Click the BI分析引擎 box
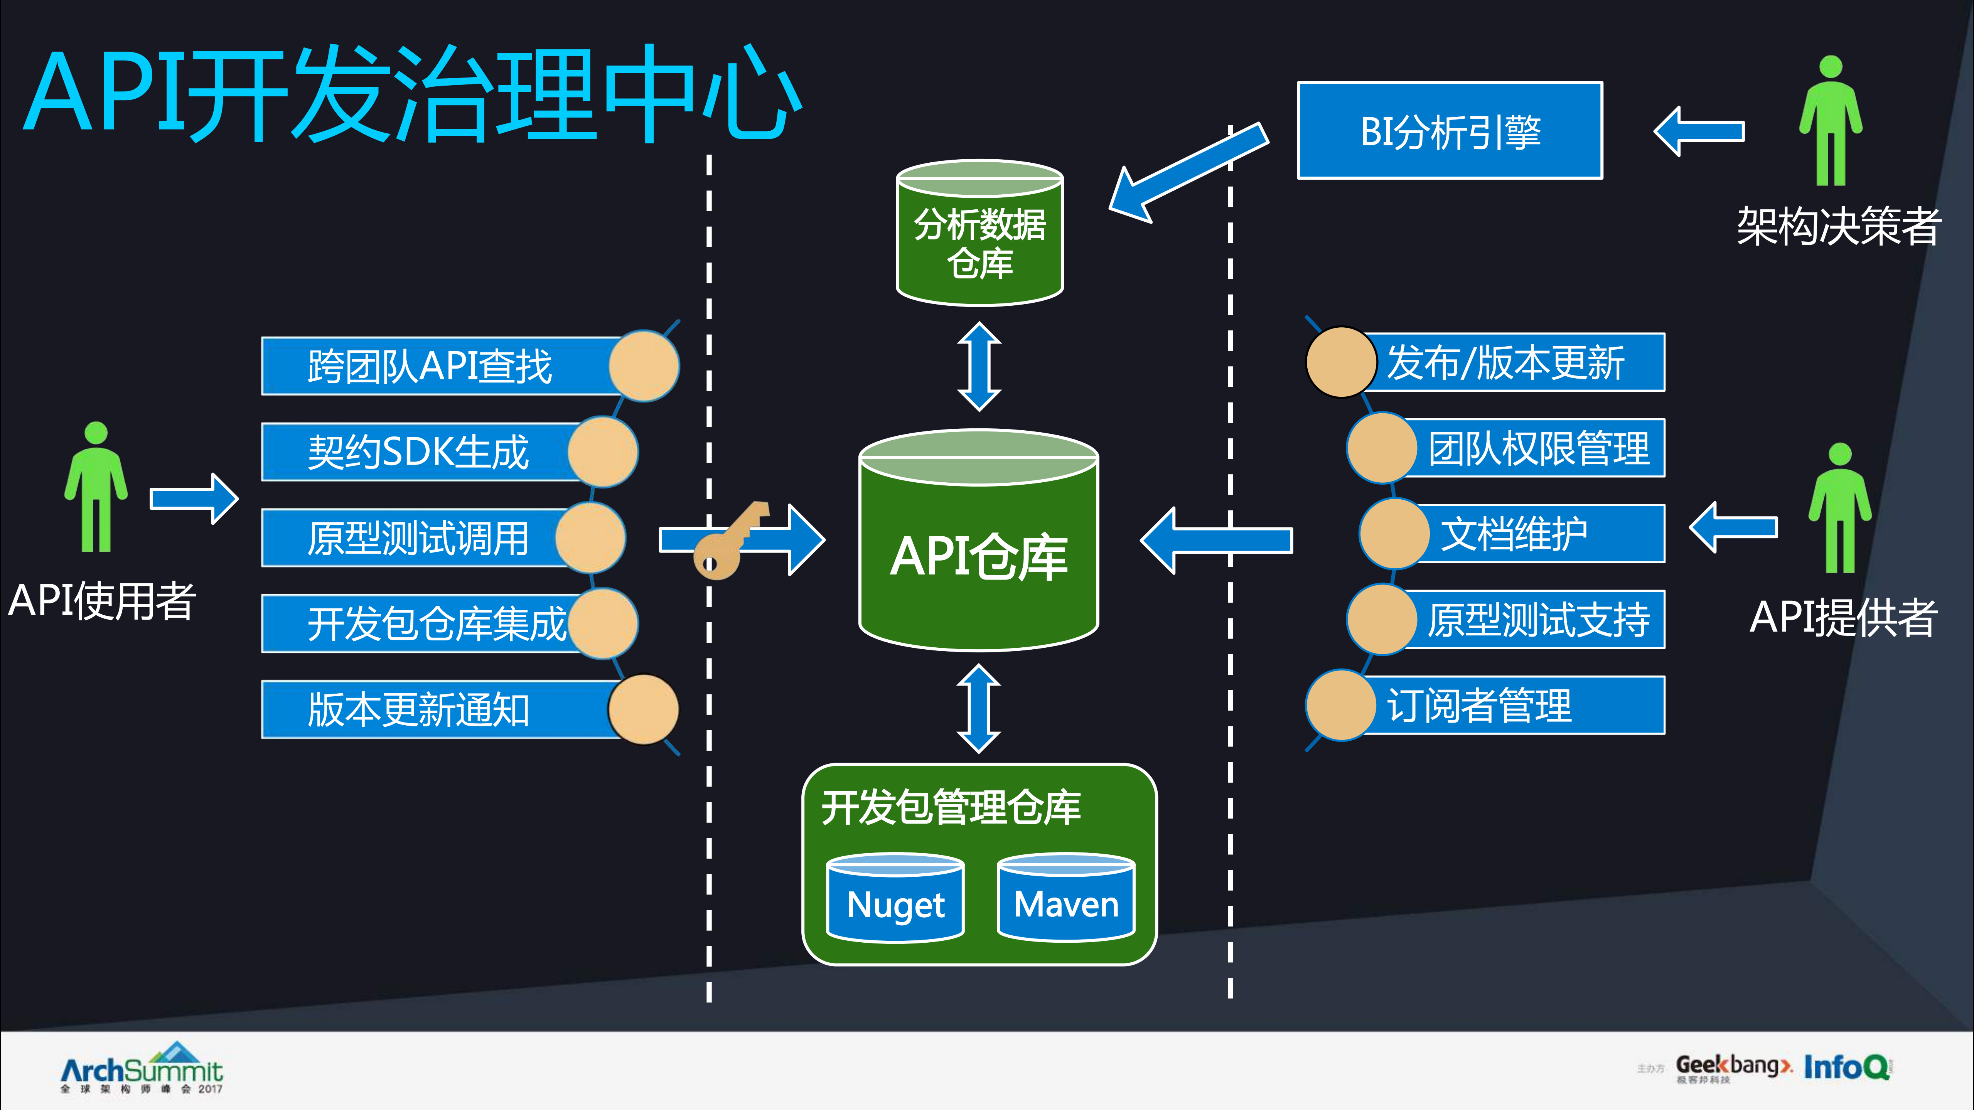(1449, 131)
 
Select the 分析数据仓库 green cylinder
(979, 234)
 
